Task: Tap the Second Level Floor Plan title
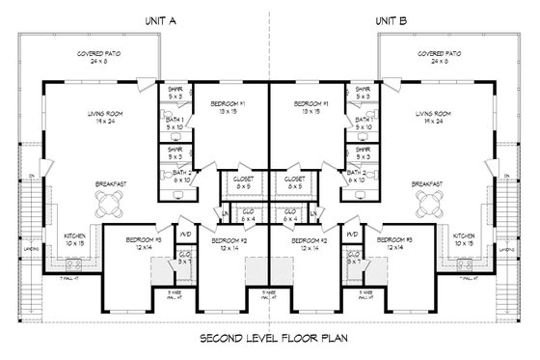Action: pos(269,340)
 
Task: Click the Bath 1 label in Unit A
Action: pos(175,122)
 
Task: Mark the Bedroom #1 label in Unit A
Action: pos(229,106)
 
